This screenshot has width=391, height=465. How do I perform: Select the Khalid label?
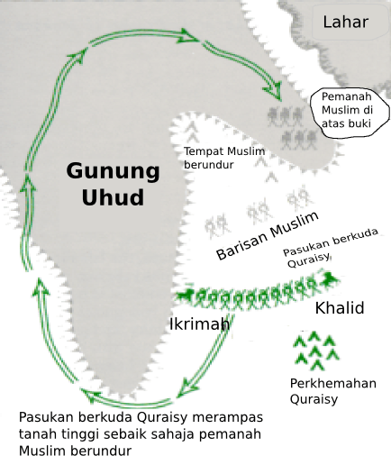(x=339, y=309)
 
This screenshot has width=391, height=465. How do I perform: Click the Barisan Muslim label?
(x=268, y=236)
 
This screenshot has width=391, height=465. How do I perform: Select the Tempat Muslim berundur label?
(x=224, y=159)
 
